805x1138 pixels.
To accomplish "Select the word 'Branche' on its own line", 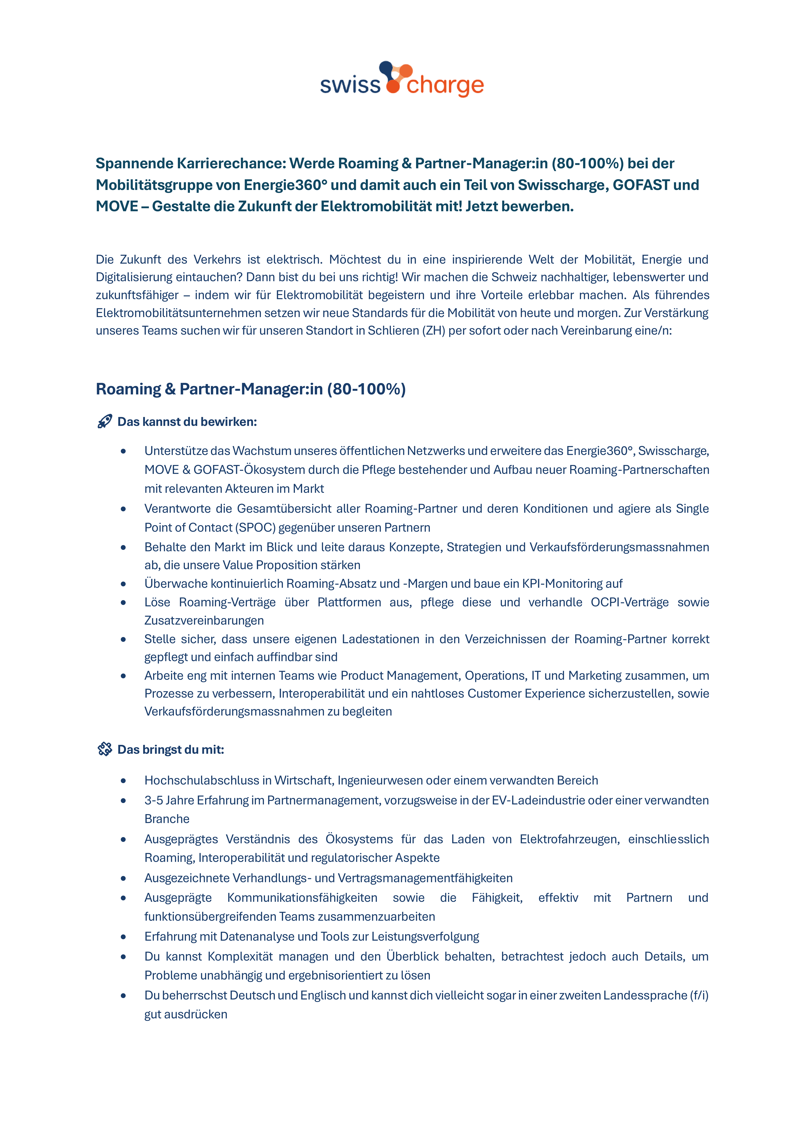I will pos(167,819).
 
